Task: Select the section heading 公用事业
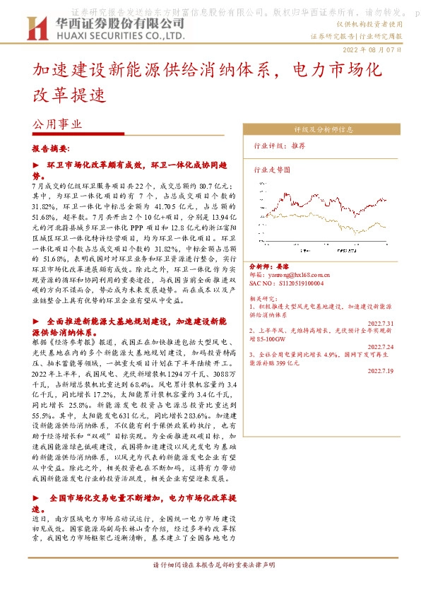tap(57, 123)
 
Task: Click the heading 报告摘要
tap(50, 151)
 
